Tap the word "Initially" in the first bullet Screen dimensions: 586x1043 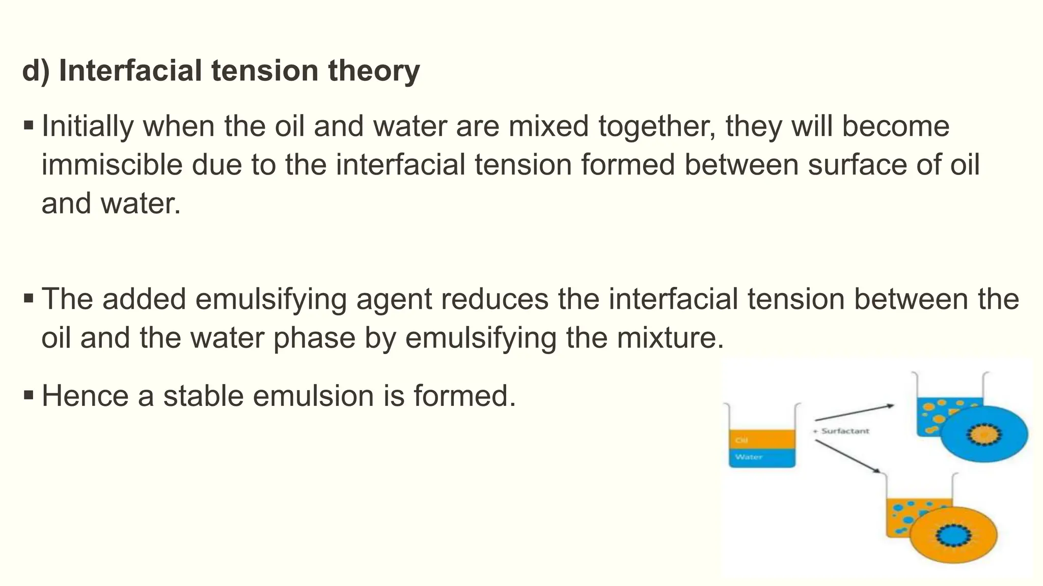tap(87, 126)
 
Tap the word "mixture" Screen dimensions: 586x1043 tap(669, 338)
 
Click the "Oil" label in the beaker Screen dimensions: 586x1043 tap(742, 440)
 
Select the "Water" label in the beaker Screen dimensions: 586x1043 tap(749, 457)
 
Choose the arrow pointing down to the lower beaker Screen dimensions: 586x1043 tap(847, 456)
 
